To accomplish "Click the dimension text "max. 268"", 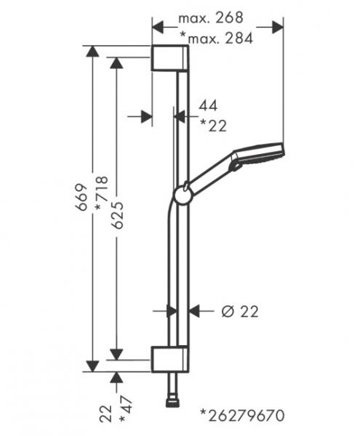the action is (211, 17).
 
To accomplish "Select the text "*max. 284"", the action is (217, 38).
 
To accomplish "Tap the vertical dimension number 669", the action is (82, 197).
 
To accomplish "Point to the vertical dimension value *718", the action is (101, 193).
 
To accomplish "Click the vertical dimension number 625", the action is (116, 212).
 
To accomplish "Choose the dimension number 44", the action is (208, 105).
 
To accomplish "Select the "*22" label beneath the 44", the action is (213, 125).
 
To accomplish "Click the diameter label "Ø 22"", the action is (240, 312).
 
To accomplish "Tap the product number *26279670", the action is (242, 416).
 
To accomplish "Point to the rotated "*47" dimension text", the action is (126, 408).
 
